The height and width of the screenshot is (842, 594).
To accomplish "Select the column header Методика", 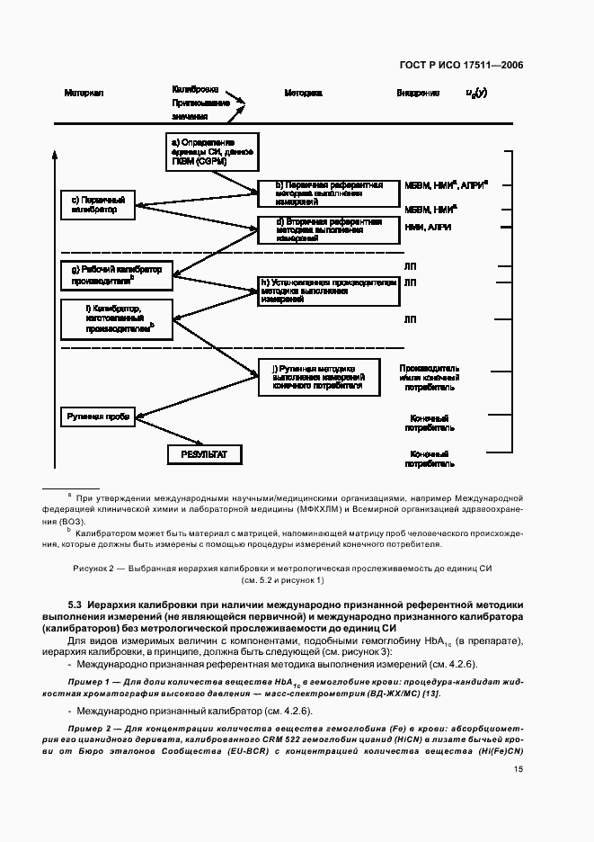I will click(303, 94).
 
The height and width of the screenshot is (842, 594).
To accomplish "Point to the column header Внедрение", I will click(418, 94).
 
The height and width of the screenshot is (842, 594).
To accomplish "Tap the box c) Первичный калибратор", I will click(96, 204).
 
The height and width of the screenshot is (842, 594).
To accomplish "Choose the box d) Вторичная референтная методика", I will click(326, 229).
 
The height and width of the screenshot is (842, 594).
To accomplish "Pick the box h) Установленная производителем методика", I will click(326, 291).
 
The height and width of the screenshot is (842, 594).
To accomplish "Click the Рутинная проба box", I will click(97, 417).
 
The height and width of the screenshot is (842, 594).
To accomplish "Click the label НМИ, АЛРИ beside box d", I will click(428, 228).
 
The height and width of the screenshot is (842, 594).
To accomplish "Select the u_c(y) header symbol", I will click(476, 93).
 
